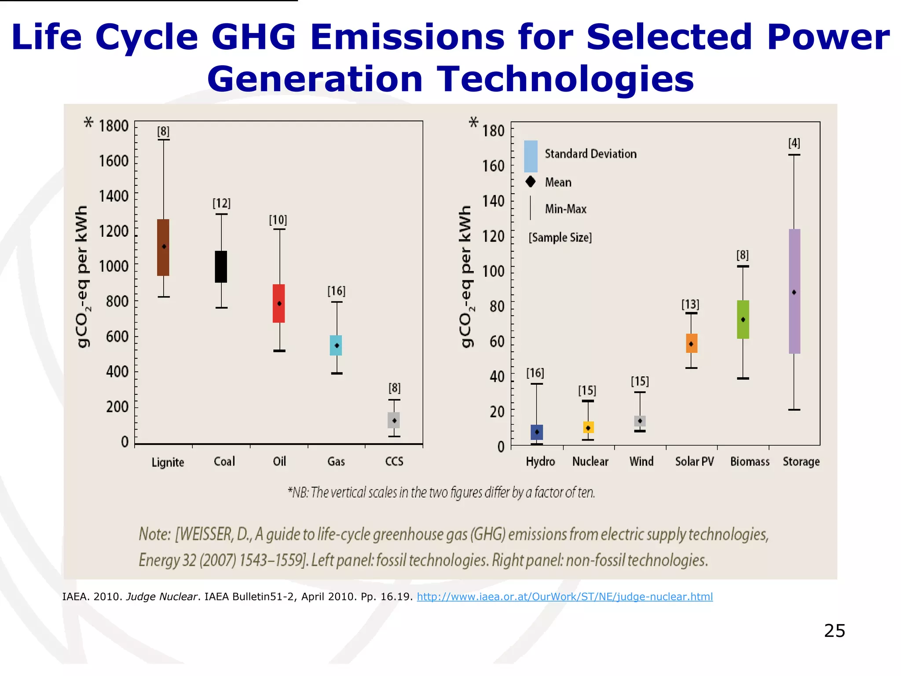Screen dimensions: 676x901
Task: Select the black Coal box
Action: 221,267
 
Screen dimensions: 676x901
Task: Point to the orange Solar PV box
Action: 691,343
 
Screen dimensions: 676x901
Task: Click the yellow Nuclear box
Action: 588,427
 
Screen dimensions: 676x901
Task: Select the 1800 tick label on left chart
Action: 114,126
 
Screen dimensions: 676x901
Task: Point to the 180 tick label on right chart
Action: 493,131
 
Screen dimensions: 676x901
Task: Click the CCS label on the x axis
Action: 394,461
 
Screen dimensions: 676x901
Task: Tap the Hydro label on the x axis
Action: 540,461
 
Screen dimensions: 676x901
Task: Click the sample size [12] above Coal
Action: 221,203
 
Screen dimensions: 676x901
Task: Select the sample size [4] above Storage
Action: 794,143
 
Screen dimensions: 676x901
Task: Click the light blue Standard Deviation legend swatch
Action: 531,156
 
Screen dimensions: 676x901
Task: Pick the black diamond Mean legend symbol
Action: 531,181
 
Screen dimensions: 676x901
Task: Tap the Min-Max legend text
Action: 565,209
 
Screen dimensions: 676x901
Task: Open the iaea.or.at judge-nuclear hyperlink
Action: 564,597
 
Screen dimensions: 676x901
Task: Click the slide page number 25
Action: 834,631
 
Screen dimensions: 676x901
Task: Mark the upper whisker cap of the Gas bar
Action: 337,302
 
